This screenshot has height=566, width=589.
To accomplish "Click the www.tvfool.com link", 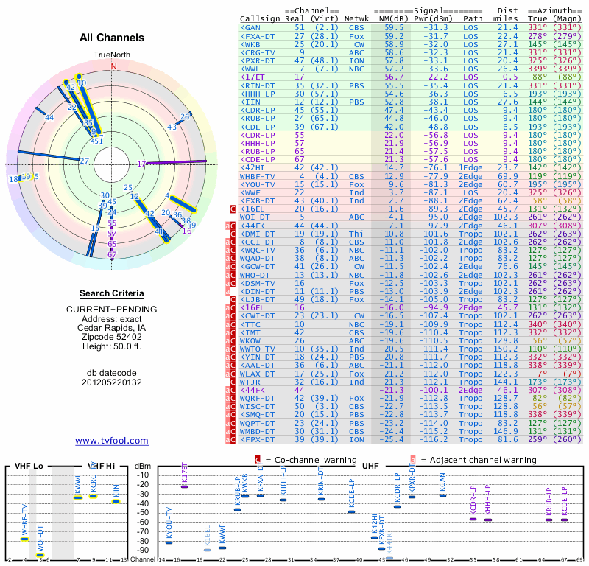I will point(112,441).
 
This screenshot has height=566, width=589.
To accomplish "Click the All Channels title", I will point(112,38).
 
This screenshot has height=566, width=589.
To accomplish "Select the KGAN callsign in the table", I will point(250,27).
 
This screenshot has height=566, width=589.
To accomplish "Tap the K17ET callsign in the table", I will point(253,77).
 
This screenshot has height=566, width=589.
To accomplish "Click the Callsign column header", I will point(261,18).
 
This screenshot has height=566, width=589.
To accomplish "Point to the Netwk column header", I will point(357,18).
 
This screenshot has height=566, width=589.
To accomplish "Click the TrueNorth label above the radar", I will point(112,55).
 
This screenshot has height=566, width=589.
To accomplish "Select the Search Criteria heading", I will point(112,293).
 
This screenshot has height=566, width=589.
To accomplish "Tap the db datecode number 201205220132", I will point(112,382).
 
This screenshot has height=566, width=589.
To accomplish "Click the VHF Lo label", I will point(27,467).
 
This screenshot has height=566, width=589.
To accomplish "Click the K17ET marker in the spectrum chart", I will point(185,486).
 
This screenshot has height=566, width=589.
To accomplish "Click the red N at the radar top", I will point(113,66).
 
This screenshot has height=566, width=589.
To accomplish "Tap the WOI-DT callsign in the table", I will point(253,217).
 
